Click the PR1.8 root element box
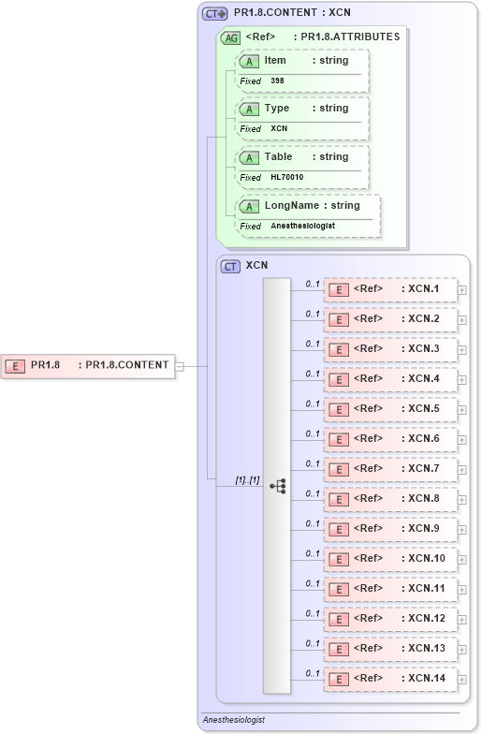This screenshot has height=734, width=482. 89,365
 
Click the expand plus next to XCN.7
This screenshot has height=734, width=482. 462,469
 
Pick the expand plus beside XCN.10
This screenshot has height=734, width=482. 462,559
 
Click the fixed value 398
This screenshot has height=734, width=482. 277,81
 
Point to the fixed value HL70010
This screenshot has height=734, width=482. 286,177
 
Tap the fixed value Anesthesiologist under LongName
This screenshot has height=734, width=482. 302,226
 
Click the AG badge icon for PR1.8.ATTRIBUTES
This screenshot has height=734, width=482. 230,37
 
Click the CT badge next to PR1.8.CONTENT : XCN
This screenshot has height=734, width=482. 215,13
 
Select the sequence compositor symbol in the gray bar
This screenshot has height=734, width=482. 278,485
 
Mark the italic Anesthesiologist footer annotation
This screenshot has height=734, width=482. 234,720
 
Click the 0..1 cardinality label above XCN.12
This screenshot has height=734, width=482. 313,613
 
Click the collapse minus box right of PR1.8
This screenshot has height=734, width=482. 180,366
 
